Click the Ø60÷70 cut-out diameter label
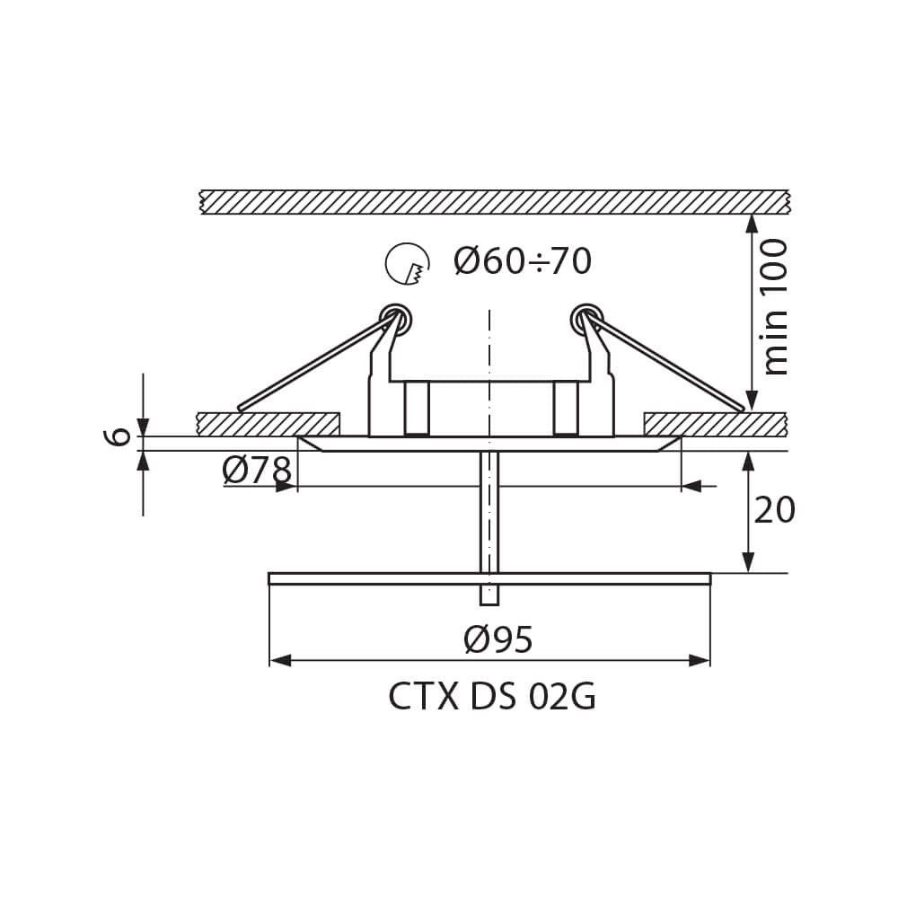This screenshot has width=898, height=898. click(523, 261)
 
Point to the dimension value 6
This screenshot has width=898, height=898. click(117, 437)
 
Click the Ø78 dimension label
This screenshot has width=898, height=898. click(257, 471)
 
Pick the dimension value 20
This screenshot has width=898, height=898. click(774, 510)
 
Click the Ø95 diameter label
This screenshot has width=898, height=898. click(498, 639)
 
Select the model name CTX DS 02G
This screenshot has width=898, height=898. click(492, 697)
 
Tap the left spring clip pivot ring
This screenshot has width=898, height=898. click(396, 319)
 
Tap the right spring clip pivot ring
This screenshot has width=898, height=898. click(586, 319)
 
